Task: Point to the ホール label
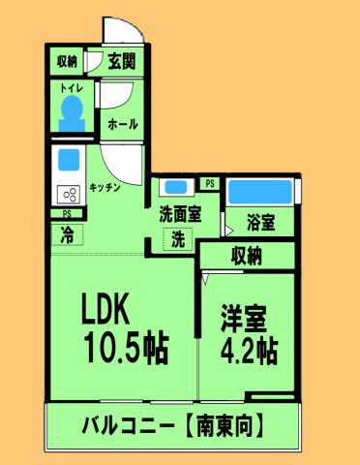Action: pos(123,124)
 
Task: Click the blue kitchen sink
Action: pos(68,158)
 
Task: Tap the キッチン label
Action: pos(105,188)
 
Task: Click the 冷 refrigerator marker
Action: pos(66,232)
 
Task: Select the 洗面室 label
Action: pos(179,215)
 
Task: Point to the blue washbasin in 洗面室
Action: pos(175,186)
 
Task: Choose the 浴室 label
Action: pos(259,223)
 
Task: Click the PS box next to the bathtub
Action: pos(210,183)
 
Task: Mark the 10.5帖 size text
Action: pos(124,344)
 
